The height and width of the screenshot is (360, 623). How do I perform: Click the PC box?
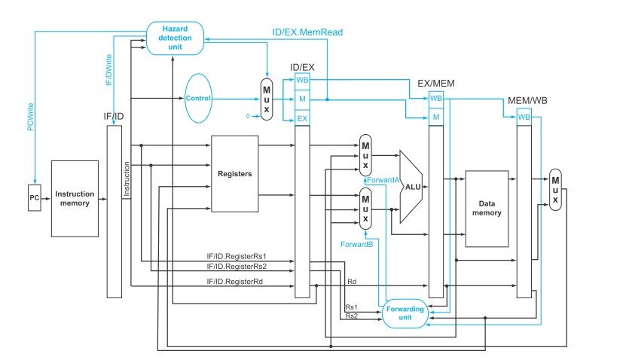[x=35, y=198]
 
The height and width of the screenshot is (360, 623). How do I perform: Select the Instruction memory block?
[x=75, y=199]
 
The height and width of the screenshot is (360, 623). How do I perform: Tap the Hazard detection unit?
[x=176, y=38]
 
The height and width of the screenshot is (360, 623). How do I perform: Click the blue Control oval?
[x=198, y=98]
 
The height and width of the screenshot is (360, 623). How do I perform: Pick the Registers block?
[x=235, y=174]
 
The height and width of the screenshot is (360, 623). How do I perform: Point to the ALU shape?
[x=411, y=187]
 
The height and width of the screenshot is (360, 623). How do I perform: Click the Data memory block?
[x=487, y=209]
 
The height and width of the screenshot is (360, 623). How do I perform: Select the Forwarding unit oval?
[x=405, y=313]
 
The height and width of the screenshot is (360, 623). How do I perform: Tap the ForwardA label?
[x=383, y=180]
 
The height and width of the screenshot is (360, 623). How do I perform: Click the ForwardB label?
[x=357, y=244]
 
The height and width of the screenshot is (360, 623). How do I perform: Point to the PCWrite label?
[x=31, y=117]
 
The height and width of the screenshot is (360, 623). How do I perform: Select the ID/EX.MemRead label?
[x=307, y=32]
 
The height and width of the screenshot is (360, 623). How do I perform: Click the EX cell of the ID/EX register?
[x=302, y=118]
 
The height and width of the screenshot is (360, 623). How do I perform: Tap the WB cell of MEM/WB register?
[x=524, y=117]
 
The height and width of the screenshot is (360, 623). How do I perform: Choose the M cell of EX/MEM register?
[x=436, y=117]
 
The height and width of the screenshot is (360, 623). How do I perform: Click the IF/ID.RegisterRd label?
[x=235, y=282]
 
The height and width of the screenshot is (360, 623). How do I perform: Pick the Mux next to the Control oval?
[x=267, y=99]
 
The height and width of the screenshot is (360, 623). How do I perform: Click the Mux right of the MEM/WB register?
[x=555, y=190]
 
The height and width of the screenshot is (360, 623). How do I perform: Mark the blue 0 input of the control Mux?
[x=248, y=116]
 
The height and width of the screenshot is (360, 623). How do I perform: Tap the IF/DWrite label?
[x=109, y=70]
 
